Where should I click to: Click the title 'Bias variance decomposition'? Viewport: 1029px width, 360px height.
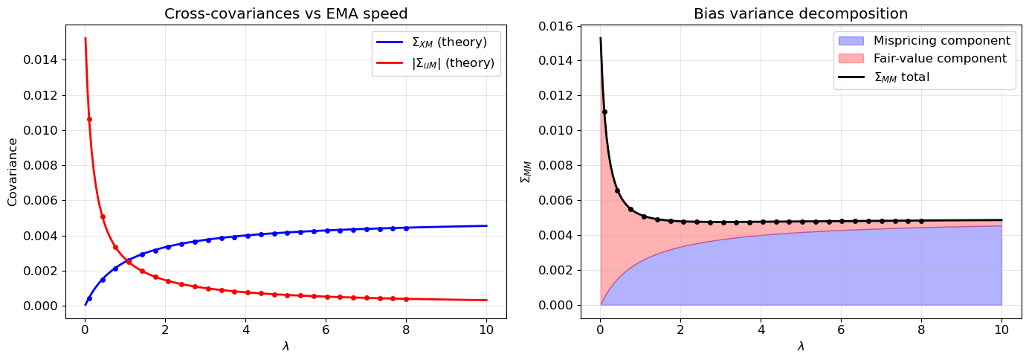[x=800, y=13]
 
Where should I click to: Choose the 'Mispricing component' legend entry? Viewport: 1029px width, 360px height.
[x=926, y=40]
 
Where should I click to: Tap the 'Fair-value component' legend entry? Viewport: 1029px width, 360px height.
[x=926, y=58]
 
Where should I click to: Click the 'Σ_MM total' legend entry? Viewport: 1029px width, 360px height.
[x=926, y=77]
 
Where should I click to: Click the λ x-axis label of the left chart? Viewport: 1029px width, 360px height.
[x=286, y=347]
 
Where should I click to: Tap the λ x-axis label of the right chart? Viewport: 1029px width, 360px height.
[x=800, y=347]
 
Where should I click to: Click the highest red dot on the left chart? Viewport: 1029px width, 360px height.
[x=89, y=119]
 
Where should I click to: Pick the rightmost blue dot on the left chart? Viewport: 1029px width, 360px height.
[x=406, y=228]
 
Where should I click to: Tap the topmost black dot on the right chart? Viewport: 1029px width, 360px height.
[x=604, y=112]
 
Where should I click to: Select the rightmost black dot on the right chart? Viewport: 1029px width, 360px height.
[x=921, y=221]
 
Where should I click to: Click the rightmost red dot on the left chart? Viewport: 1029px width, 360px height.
[x=406, y=299]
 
